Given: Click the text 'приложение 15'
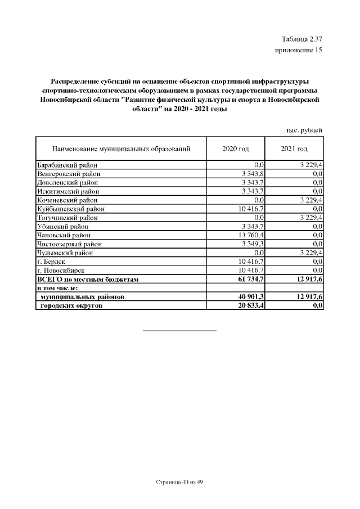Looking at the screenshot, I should [298, 51].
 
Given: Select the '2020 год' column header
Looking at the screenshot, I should [236, 149].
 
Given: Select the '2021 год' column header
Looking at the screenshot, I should [294, 149].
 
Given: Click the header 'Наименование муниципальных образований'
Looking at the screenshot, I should [121, 149].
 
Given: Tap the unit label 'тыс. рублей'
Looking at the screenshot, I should [304, 130].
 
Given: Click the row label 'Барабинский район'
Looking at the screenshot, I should [67, 165].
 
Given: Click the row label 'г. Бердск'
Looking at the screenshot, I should [52, 261].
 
